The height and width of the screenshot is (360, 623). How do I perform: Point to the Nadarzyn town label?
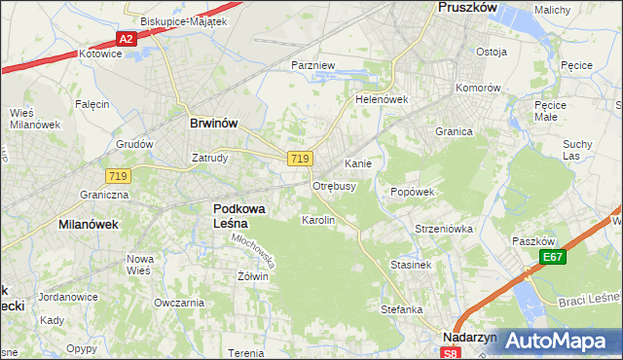pyautogui.click(x=469, y=337)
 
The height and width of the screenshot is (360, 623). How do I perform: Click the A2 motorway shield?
pyautogui.click(x=126, y=39)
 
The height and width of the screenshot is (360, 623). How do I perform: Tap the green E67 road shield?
pyautogui.click(x=554, y=257)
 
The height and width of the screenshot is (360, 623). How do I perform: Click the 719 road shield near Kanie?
pyautogui.click(x=300, y=159)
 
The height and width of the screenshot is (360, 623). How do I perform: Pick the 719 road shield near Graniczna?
pyautogui.click(x=119, y=175)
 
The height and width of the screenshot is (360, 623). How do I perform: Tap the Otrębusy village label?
pyautogui.click(x=334, y=185)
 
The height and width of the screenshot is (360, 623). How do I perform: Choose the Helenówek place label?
pyautogui.click(x=381, y=99)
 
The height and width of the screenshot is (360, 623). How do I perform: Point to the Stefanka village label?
pyautogui.click(x=401, y=309)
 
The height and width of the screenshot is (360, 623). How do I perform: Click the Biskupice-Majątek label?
pyautogui.click(x=183, y=20)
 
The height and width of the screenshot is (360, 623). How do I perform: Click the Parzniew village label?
pyautogui.click(x=313, y=65)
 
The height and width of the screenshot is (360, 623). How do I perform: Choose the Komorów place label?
pyautogui.click(x=478, y=87)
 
